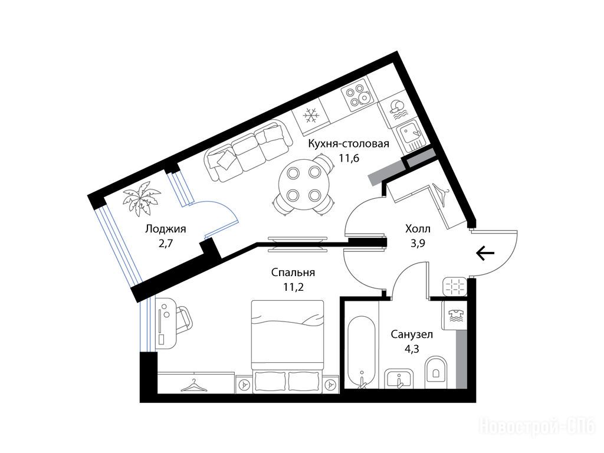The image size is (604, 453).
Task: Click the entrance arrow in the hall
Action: click(x=485, y=254)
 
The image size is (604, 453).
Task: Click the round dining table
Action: click(x=304, y=184)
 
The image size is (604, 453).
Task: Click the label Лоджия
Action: click(x=165, y=229)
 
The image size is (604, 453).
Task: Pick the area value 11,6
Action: click(x=349, y=157)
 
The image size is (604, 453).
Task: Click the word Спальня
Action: click(x=293, y=273)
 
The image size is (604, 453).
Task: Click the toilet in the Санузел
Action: click(x=436, y=369)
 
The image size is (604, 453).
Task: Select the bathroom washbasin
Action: click(x=399, y=379)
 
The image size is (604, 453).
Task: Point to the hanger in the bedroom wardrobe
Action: click(x=194, y=385)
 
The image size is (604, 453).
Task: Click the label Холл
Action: click(x=418, y=229)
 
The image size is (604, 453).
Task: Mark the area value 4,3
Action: click(x=411, y=349)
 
